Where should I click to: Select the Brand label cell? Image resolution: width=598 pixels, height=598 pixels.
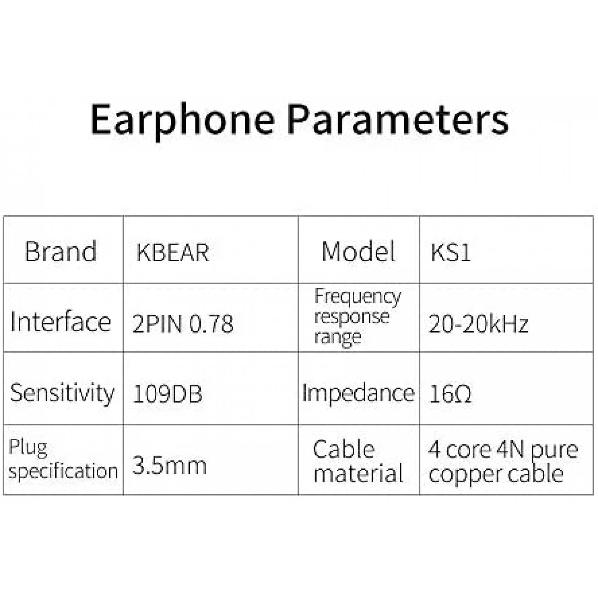click(61, 251)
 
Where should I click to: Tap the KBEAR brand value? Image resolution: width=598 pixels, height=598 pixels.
click(172, 253)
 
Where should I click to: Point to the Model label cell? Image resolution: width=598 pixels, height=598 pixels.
click(358, 251)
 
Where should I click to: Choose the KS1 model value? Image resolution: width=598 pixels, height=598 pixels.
click(450, 253)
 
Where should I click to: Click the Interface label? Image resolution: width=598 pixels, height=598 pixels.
click(61, 322)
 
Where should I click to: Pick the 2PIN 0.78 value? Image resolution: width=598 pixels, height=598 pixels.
click(183, 324)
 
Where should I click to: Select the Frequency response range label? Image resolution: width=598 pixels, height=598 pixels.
click(357, 317)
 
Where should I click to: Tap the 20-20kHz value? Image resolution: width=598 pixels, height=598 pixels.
click(478, 324)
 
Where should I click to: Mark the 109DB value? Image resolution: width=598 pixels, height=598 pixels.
click(167, 394)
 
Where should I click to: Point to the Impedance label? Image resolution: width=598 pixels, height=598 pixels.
click(358, 393)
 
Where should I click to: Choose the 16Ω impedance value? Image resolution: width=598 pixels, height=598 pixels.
click(450, 394)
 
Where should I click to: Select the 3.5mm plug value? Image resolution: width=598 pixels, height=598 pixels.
click(169, 465)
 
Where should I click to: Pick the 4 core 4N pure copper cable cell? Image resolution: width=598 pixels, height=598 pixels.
click(503, 461)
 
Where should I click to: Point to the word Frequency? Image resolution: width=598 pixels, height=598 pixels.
click(358, 297)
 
